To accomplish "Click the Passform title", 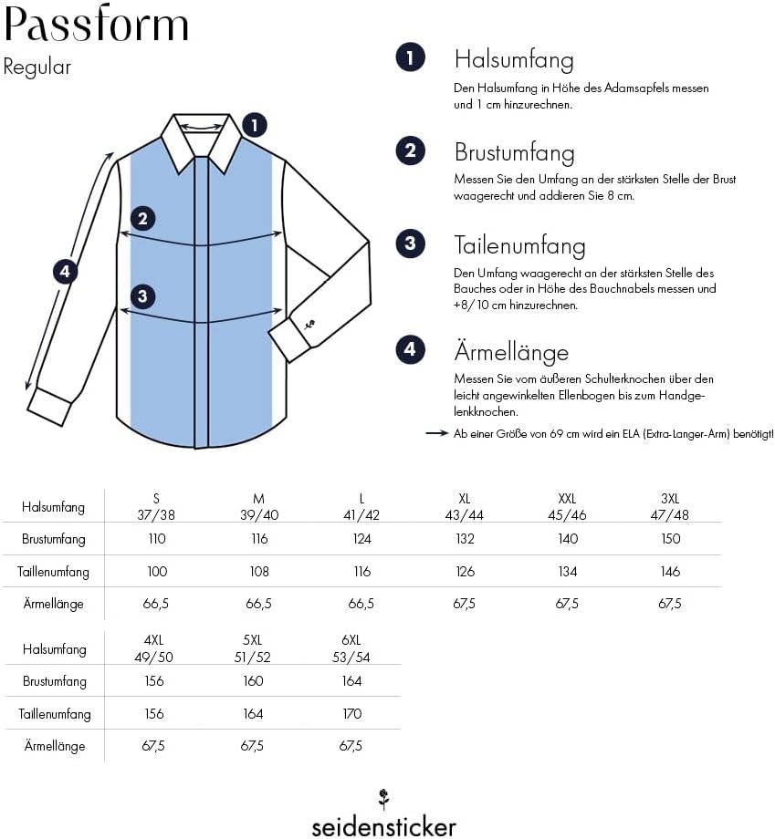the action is pos(97,24).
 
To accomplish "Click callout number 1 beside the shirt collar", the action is pos(255,125).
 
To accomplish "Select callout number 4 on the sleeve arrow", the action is pos(65,271).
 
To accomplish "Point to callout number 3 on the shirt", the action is pos(142,296).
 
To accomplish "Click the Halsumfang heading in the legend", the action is pos(514,60).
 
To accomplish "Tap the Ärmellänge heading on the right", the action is pos(511,352).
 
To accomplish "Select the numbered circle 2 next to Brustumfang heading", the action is pos(410,150).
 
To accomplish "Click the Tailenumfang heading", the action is pos(519,245).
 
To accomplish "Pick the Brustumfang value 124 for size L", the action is pos(362,539).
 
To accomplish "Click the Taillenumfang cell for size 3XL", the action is pos(670,572).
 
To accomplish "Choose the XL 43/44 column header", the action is pos(465,507).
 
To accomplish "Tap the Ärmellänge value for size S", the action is pos(156,604).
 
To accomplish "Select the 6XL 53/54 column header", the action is pos(351,648).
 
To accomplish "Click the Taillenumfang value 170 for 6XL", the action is pos(351,714).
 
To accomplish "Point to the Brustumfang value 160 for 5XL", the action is pos(253,681).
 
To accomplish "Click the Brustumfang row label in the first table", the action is pos(54,539).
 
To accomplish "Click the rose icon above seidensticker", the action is pos(383,799).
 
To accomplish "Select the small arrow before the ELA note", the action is pos(436,433).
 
